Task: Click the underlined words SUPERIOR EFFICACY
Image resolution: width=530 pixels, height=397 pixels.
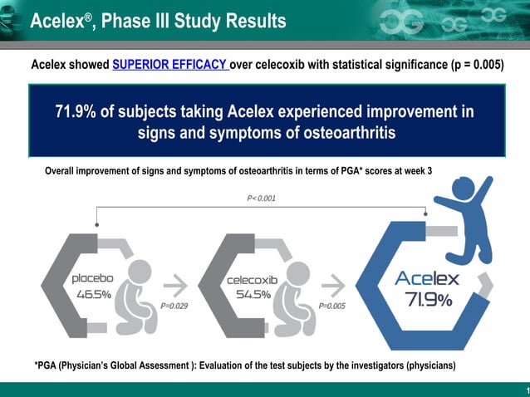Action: point(170,66)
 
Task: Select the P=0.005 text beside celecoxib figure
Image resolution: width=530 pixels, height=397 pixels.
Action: point(331,306)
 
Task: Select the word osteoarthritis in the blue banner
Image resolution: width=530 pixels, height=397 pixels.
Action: point(341,133)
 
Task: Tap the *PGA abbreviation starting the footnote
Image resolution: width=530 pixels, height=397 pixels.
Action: point(47,366)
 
